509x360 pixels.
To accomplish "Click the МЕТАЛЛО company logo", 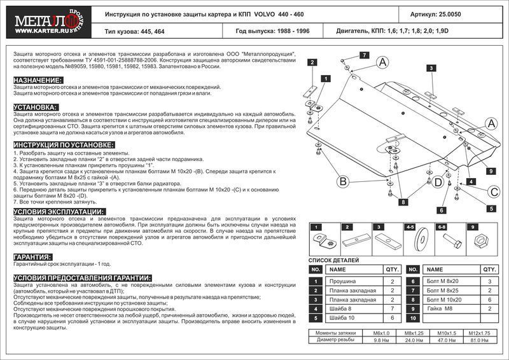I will [x=43, y=21].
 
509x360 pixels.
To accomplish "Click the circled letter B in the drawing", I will [x=342, y=183].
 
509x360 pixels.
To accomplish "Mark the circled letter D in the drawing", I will [x=438, y=183].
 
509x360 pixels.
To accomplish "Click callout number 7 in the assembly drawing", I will [x=365, y=56].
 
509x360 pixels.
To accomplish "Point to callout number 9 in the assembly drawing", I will [x=492, y=171].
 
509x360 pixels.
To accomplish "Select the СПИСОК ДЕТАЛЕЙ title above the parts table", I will [x=333, y=260].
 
